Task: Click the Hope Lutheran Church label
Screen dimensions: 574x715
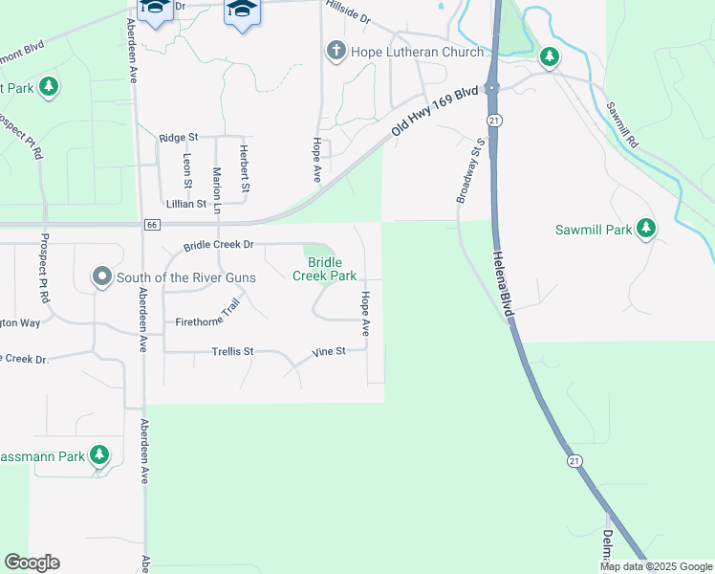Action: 418,52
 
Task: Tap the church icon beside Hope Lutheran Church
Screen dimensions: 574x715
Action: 336,51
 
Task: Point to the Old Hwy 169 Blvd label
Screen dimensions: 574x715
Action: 435,113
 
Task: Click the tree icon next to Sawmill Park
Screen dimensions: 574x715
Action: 647,228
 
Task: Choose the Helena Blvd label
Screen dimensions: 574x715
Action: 504,284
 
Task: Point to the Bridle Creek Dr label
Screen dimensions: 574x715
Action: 219,245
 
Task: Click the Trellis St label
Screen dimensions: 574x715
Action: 232,352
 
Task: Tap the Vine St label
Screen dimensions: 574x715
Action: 329,353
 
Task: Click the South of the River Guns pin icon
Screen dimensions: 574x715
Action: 102,277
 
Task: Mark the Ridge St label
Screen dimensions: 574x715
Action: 179,138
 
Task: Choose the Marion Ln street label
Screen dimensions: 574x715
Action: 217,189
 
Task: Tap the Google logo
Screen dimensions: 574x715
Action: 32,563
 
